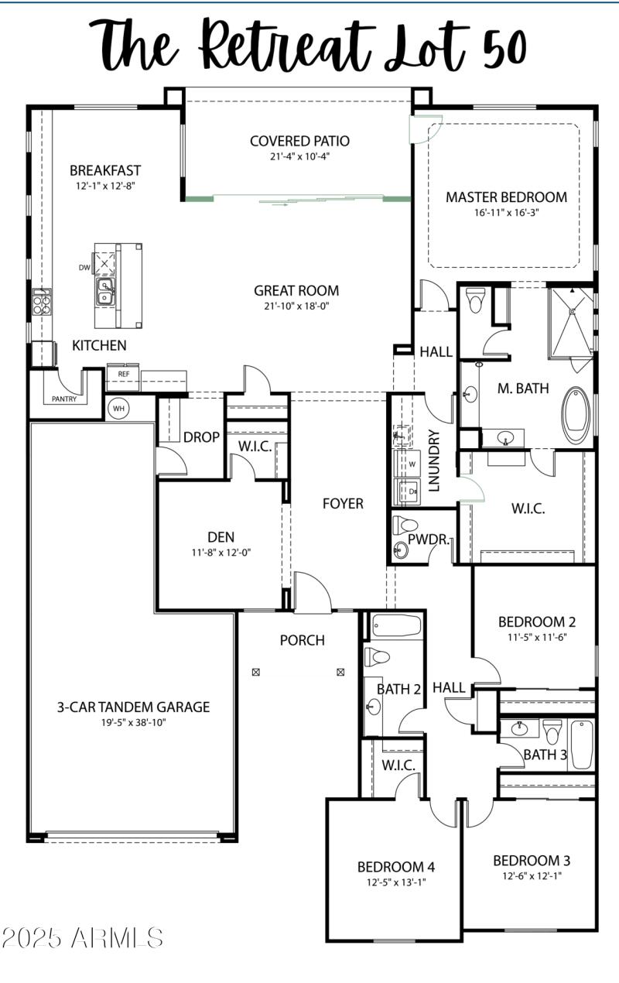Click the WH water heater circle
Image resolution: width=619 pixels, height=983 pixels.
pos(118,408)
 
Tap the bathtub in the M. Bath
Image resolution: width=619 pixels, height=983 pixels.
pos(576,415)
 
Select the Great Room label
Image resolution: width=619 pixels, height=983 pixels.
pos(296,291)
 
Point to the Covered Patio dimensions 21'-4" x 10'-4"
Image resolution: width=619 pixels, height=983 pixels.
pos(299,156)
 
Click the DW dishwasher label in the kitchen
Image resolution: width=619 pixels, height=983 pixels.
pos(84,268)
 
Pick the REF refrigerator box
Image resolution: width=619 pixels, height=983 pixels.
pos(123,374)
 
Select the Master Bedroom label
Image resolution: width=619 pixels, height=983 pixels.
pos(506,197)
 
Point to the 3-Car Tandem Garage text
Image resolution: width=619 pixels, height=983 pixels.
pos(133,707)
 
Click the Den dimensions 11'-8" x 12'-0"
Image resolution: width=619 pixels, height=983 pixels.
pos(221,553)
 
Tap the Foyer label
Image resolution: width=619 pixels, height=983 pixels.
pos(343,504)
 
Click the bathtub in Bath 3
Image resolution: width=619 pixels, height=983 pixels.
pos(581,744)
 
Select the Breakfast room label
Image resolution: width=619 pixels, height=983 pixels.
pos(105,170)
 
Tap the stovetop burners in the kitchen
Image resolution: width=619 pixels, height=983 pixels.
pos(41,302)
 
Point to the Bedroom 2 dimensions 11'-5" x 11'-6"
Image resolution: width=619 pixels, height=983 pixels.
pos(536,638)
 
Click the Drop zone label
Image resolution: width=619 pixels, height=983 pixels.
pos(201,437)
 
